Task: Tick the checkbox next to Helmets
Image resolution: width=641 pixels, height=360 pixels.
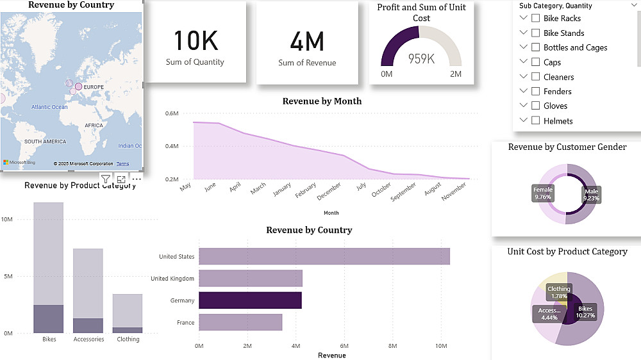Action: pyautogui.click(x=535, y=120)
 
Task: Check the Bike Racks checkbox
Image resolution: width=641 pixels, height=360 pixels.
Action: pyautogui.click(x=535, y=18)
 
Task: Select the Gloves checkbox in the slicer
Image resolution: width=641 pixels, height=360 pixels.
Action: pyautogui.click(x=535, y=106)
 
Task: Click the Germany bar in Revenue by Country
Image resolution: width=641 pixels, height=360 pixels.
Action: pyautogui.click(x=250, y=300)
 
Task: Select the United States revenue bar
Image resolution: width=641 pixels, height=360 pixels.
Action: pyautogui.click(x=324, y=256)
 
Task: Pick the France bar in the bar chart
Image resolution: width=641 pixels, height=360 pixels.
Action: pyautogui.click(x=240, y=322)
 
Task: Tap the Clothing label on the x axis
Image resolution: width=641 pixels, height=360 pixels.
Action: pyautogui.click(x=128, y=339)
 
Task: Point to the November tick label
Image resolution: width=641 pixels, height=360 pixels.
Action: pyautogui.click(x=454, y=192)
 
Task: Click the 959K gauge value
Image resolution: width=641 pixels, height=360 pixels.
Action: pyautogui.click(x=421, y=59)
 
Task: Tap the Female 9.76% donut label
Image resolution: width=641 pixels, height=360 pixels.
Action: pyautogui.click(x=543, y=193)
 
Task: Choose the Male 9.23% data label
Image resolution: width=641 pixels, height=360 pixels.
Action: pyautogui.click(x=591, y=194)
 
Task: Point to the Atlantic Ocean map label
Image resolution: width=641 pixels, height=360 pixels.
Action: pyautogui.click(x=49, y=107)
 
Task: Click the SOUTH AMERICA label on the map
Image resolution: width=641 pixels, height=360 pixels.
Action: pyautogui.click(x=45, y=141)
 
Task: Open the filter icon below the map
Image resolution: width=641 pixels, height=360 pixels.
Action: pyautogui.click(x=106, y=179)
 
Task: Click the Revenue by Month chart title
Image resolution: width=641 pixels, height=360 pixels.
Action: pyautogui.click(x=322, y=101)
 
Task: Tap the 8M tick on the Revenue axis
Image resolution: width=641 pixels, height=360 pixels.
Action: pyautogui.click(x=393, y=346)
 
